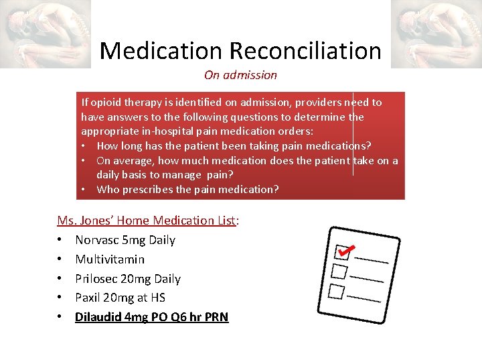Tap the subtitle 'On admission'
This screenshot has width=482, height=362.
tap(240, 75)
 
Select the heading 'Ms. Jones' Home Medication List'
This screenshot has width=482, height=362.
tap(148, 220)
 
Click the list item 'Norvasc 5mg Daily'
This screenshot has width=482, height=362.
tap(125, 239)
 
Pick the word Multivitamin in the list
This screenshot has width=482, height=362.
tap(110, 259)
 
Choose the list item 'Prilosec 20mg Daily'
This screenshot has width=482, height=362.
tap(128, 278)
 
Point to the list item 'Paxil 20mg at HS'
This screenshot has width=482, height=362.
tap(120, 297)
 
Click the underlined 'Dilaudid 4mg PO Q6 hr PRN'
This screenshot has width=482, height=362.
tap(151, 316)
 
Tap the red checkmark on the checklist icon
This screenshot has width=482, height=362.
tap(345, 249)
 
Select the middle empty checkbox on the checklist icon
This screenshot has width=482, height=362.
tap(339, 271)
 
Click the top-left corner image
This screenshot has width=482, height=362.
tap(46, 34)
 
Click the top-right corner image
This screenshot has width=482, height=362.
tap(436, 34)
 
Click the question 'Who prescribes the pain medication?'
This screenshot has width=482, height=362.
tap(187, 189)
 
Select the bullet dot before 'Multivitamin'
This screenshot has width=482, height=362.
tap(60, 259)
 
